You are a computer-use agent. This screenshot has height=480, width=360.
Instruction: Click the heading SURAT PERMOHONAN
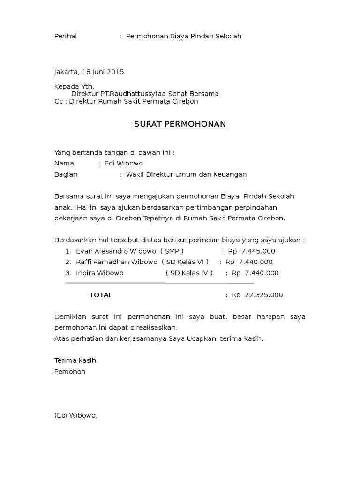pos(180,124)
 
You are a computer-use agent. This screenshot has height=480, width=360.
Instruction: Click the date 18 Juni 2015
pos(103,72)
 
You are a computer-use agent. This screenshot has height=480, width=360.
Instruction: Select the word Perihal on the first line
pos(66,36)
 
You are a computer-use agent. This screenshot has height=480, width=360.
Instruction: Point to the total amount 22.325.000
pos(264,295)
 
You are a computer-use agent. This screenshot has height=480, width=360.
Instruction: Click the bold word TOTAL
pos(101,295)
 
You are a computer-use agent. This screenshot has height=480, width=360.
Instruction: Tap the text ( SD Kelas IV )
pos(189,273)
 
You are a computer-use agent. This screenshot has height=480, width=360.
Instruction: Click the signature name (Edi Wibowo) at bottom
pos(76,415)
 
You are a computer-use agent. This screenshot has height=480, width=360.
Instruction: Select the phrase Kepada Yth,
pos(74,86)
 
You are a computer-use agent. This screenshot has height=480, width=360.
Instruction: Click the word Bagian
pos(66,174)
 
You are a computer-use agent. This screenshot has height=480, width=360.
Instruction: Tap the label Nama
pos(64,163)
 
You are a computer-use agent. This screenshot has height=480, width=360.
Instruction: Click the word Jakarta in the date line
pos(67,72)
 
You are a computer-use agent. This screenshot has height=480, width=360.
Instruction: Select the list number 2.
pos(68,262)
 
